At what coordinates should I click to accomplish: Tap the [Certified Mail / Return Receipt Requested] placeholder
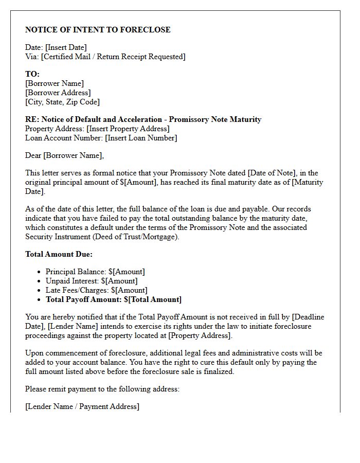coord(113,57)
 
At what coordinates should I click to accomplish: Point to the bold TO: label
coord(32,74)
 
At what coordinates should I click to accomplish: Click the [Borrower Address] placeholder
coord(58,93)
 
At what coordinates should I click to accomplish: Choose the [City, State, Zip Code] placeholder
coord(62,102)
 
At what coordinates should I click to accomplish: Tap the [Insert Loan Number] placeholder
coord(141,138)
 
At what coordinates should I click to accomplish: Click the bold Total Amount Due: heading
coord(59,254)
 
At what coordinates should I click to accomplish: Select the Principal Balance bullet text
coord(95,272)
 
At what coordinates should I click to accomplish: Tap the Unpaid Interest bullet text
coord(92,281)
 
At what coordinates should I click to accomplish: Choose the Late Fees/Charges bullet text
coord(96,290)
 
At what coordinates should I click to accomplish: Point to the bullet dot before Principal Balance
coord(39,272)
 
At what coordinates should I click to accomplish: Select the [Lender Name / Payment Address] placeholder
coord(82,406)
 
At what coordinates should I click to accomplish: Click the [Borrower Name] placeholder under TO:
coord(54,83)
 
